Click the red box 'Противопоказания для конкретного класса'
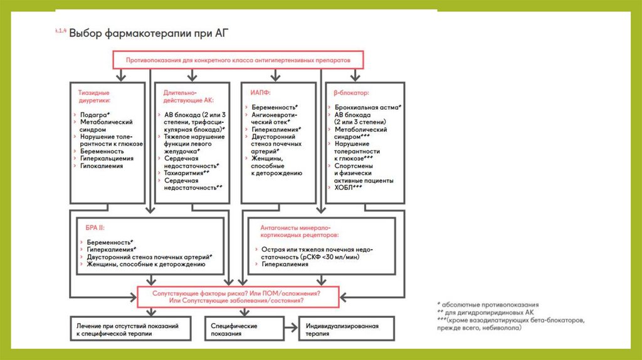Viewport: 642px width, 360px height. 239,60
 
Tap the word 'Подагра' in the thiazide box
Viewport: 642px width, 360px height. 95,115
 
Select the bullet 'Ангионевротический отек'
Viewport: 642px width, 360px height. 274,120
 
